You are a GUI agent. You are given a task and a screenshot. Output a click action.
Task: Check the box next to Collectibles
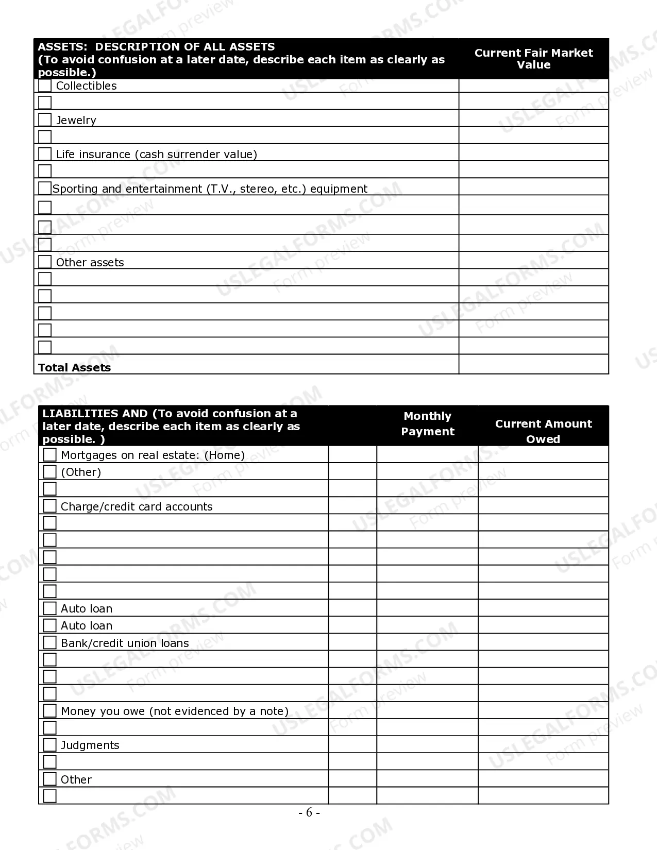[x=45, y=86]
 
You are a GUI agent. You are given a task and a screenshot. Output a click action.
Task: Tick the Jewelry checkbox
[x=45, y=120]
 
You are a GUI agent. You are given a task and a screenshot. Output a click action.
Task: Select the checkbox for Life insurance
[x=45, y=154]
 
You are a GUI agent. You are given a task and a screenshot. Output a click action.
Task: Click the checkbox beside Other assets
[x=45, y=262]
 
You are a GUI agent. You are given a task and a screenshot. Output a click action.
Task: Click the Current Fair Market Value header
[x=533, y=59]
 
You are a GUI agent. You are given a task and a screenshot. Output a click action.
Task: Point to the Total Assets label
[x=74, y=367]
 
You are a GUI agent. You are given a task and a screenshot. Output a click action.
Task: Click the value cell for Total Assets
[x=533, y=364]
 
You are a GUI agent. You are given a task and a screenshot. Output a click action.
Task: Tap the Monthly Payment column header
[x=428, y=423]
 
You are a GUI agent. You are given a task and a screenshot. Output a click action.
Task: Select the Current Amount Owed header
[x=543, y=431]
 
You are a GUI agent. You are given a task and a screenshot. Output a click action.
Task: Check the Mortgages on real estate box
[x=49, y=454]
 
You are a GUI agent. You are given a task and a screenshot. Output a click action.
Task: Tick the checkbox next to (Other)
[x=49, y=471]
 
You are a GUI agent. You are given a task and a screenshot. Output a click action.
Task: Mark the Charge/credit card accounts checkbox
[x=49, y=506]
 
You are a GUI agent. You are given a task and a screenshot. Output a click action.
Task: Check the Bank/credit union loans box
[x=49, y=642]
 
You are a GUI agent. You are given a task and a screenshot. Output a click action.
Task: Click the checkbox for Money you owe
[x=49, y=710]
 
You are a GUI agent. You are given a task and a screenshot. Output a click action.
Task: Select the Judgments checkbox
[x=49, y=744]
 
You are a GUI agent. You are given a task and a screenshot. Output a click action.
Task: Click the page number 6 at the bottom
[x=309, y=812]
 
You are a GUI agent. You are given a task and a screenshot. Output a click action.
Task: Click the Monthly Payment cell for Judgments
[x=427, y=744]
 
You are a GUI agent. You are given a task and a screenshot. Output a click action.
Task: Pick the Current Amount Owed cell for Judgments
[x=543, y=744]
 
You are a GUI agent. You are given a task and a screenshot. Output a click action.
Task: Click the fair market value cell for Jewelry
[x=533, y=118]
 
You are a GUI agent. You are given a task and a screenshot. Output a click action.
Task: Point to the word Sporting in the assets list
[x=75, y=189]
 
